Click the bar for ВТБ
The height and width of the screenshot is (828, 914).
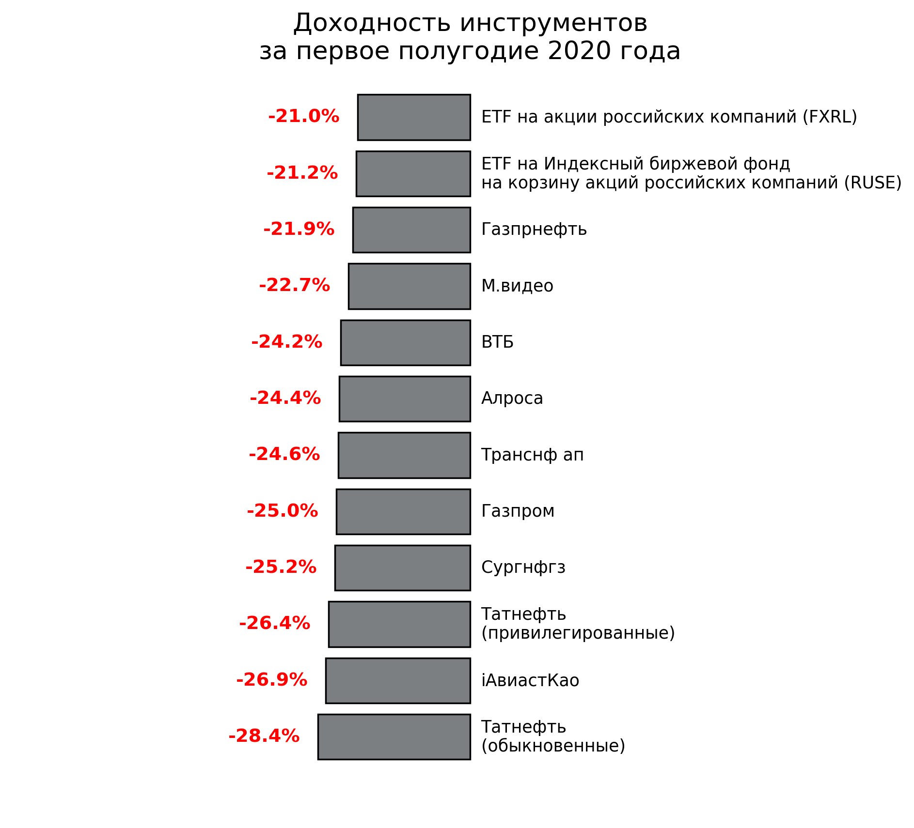coord(405,343)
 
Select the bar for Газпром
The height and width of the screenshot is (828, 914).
coord(403,512)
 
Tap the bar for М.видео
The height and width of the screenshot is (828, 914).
coord(409,286)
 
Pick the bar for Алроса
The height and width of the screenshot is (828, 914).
coord(405,399)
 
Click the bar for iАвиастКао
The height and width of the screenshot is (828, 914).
coord(398,681)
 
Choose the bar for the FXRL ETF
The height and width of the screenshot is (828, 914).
coord(414,117)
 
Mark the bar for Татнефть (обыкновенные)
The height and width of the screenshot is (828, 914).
coord(394,737)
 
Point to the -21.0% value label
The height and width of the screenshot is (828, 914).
coord(303,117)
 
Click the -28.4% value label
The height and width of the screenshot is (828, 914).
coord(264,736)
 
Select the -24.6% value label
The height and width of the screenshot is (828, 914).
coord(284,454)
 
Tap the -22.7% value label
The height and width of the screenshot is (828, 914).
coord(294,285)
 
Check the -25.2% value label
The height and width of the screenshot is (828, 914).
coord(281,567)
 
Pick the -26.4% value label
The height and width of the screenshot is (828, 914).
coord(274,623)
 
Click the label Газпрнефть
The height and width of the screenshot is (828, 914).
coord(534,230)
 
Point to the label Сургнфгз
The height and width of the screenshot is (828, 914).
coord(523,567)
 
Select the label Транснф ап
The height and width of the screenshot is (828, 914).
coord(532,455)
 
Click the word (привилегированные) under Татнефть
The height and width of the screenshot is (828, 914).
coord(578,633)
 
